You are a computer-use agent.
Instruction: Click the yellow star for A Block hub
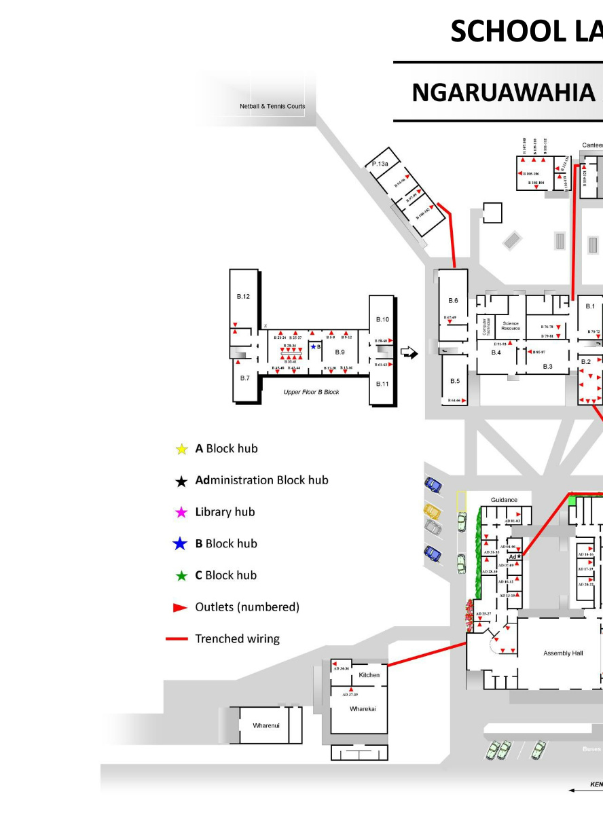pyautogui.click(x=181, y=449)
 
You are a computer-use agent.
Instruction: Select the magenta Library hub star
pyautogui.click(x=181, y=512)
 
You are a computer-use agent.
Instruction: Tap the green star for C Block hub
pyautogui.click(x=181, y=576)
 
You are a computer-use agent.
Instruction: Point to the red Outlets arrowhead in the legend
pyautogui.click(x=180, y=607)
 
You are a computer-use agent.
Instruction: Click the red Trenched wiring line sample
pyautogui.click(x=177, y=638)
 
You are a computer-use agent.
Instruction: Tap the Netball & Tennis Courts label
pyautogui.click(x=272, y=106)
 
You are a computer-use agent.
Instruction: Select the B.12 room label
pyautogui.click(x=243, y=297)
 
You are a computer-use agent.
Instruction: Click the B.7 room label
pyautogui.click(x=244, y=378)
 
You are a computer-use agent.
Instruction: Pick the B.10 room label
pyautogui.click(x=382, y=319)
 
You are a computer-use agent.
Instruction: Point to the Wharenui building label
pyautogui.click(x=266, y=725)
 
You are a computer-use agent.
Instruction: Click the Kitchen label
pyautogui.click(x=369, y=675)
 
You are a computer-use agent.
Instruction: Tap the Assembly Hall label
pyautogui.click(x=563, y=653)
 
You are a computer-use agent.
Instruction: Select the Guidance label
pyautogui.click(x=504, y=500)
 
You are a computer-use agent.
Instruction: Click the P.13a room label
pyautogui.click(x=380, y=164)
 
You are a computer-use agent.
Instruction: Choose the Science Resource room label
pyautogui.click(x=511, y=326)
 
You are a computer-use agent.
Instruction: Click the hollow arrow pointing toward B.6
pyautogui.click(x=409, y=352)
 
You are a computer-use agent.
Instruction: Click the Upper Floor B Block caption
pyautogui.click(x=311, y=392)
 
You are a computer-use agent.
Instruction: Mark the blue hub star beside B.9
pyautogui.click(x=313, y=347)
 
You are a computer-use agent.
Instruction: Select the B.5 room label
pyautogui.click(x=455, y=381)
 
